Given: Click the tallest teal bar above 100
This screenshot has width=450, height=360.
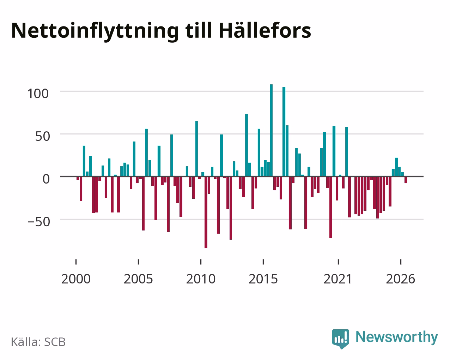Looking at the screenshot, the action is (271, 130).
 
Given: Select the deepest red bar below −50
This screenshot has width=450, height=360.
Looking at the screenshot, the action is (206, 212).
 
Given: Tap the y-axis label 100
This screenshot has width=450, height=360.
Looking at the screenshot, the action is (38, 94).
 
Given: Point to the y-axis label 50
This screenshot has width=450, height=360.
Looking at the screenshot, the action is (43, 136).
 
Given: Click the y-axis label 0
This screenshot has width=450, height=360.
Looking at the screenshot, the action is (46, 179).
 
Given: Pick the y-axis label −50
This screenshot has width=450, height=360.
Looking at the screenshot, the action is (39, 222).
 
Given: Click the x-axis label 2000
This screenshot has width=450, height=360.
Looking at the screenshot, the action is (76, 279).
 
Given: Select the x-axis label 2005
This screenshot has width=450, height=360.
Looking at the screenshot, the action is (138, 279).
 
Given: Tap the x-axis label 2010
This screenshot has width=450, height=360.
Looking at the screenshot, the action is (201, 279).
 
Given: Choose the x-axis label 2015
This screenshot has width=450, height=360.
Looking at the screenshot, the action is (263, 279).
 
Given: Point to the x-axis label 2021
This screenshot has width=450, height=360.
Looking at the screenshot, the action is (338, 279).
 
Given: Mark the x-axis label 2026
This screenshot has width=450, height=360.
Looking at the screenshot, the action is (400, 279).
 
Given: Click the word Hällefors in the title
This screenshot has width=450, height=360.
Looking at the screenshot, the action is (265, 31).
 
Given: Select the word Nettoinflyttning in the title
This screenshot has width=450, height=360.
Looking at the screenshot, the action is (95, 32).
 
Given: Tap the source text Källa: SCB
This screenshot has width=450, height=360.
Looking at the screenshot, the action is (38, 342).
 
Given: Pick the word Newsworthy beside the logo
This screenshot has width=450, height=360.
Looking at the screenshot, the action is (397, 337).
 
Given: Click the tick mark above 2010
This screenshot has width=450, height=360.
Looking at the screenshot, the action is (201, 262).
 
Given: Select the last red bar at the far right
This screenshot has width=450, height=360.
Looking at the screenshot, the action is (406, 180).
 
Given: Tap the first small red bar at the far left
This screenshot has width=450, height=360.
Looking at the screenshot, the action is (78, 178).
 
